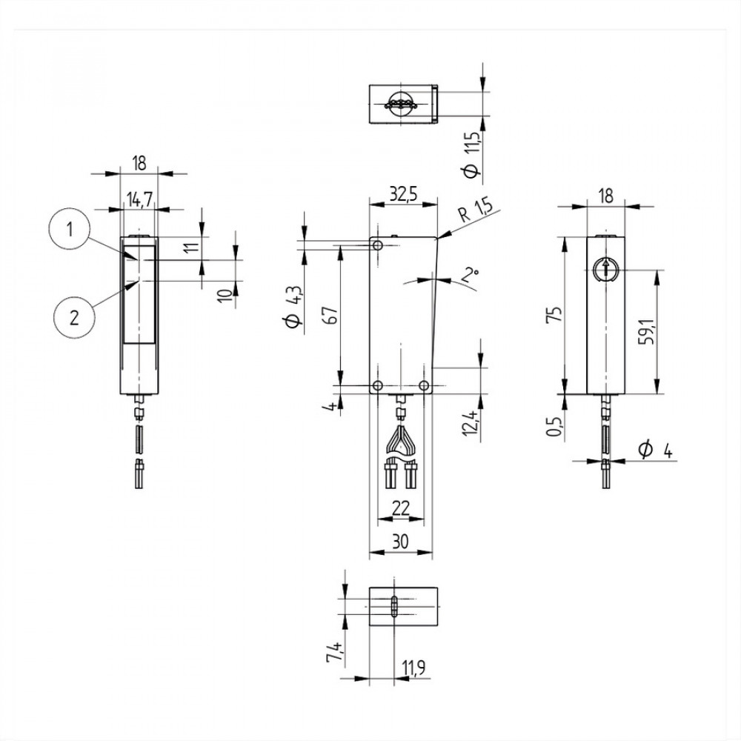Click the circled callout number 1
coord(70,230)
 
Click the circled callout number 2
coord(74,318)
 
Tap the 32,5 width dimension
coord(403,194)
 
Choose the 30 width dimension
coord(401,542)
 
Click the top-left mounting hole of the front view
coord(378,245)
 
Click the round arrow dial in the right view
coord(605,270)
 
